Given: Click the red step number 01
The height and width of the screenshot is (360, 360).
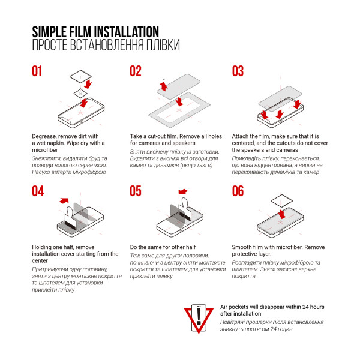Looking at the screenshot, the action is (37, 71).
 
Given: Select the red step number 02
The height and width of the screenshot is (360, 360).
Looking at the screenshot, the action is (136, 71).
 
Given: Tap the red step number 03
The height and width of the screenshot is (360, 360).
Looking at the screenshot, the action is (238, 71).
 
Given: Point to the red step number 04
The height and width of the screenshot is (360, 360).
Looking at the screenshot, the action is (38, 191).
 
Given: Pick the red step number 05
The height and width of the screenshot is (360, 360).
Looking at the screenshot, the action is (136, 191).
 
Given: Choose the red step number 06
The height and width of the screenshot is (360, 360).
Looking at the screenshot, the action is (238, 191).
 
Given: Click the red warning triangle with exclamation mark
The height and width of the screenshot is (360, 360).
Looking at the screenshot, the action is (199, 319).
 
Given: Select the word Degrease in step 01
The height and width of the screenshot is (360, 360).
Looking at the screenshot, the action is (44, 136).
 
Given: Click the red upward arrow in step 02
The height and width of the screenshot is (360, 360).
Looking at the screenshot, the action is (164, 86).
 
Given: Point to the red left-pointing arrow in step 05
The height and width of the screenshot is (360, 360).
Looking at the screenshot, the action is (183, 191).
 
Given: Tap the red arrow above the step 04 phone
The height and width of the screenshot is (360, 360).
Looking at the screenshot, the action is (64, 200).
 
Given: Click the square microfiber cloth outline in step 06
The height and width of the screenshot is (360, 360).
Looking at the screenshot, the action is (282, 202).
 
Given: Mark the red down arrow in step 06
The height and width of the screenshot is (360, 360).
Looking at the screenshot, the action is (282, 214).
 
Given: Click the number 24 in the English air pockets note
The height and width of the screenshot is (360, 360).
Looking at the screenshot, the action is (305, 307).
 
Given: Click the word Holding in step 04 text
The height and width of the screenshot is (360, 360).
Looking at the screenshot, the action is (41, 247).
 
